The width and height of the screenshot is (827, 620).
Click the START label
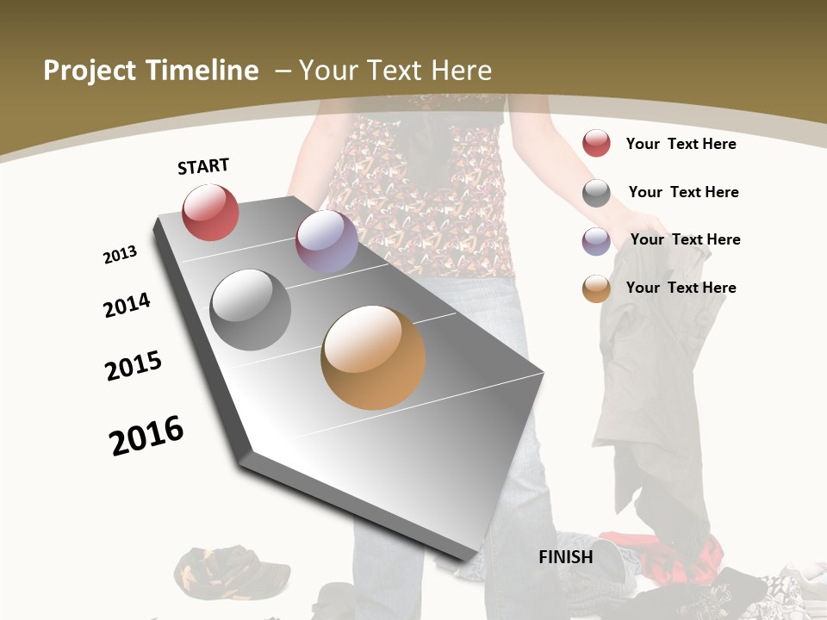point(203,166)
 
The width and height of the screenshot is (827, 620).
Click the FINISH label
point(566,557)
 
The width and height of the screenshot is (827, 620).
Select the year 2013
point(121,255)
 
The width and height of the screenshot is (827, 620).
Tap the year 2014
point(127,305)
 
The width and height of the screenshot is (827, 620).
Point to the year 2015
point(134,366)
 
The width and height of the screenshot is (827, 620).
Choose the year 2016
point(146,436)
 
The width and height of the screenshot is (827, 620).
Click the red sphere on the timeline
point(210,213)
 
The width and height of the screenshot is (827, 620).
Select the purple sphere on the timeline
point(326,241)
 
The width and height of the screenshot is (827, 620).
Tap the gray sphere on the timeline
point(251,310)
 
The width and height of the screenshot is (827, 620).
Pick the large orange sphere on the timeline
point(373,357)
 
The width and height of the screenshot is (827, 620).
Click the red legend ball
point(596,144)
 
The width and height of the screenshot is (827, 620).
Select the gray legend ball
point(596,193)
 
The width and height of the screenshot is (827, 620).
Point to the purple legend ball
point(596,241)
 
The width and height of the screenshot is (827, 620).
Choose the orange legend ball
point(596,288)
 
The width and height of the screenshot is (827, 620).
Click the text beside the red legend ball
point(681,144)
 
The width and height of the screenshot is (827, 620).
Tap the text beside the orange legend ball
point(681,288)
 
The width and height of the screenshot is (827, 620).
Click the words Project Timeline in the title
point(151,71)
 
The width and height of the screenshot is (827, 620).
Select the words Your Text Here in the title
point(395,71)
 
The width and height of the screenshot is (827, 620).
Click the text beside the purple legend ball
point(685,239)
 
